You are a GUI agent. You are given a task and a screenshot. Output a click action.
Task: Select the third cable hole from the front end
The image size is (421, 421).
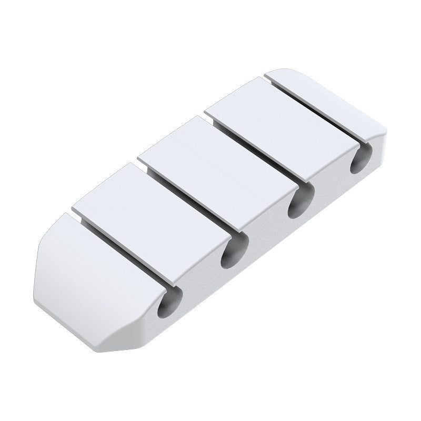pyautogui.click(x=300, y=203)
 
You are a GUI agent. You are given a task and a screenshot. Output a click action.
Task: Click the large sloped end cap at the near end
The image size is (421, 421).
pyautogui.click(x=89, y=263)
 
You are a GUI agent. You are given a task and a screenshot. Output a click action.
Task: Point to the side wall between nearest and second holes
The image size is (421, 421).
pyautogui.click(x=203, y=287)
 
